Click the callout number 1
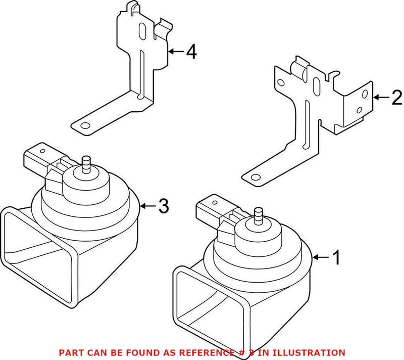click(335, 258)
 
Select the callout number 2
click(397, 97)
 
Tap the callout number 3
click(163, 206)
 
